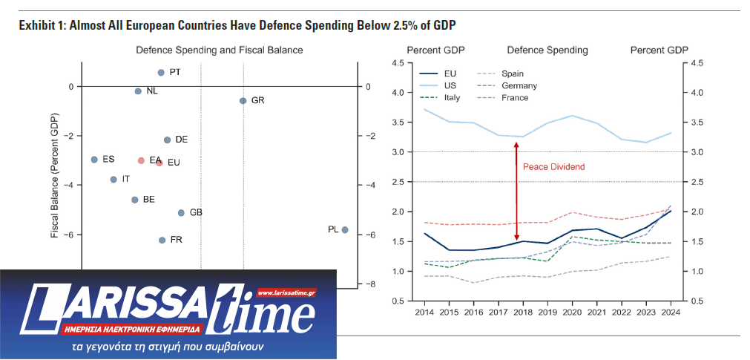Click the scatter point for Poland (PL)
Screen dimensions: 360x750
point(345,230)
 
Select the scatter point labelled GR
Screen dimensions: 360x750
point(243,100)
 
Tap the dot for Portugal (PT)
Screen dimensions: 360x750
point(161,73)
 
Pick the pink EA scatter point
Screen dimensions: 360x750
point(141,160)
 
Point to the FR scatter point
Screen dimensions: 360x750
point(162,240)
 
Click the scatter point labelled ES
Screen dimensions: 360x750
point(94,160)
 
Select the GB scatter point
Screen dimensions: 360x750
point(181,213)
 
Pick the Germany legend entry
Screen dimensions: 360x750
point(519,86)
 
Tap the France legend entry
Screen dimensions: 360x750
point(514,98)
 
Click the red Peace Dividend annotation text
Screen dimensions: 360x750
point(553,167)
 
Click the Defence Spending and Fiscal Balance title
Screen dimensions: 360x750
point(219,50)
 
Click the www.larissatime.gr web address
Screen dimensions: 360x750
point(286,293)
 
